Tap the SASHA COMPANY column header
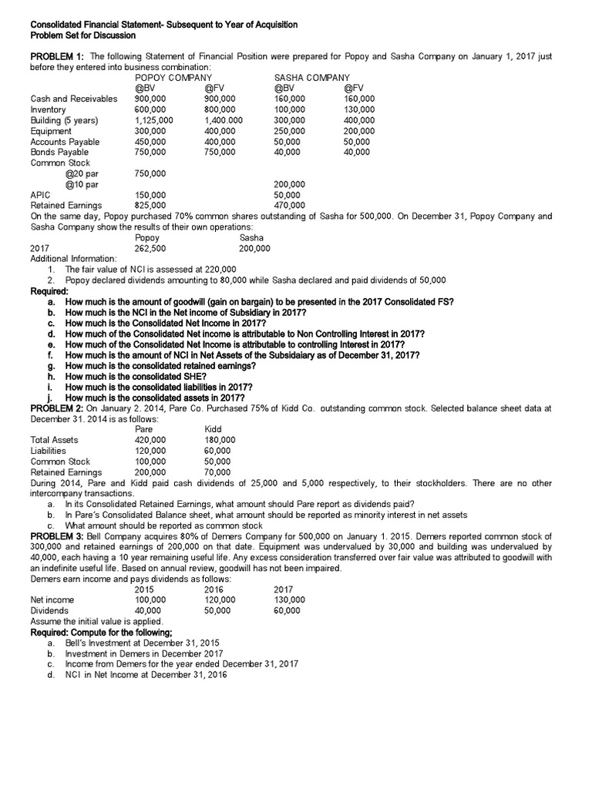click(x=312, y=78)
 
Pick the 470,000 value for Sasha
click(x=290, y=206)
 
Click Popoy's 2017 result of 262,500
click(x=150, y=249)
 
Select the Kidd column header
click(x=213, y=429)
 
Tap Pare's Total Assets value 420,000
click(x=150, y=440)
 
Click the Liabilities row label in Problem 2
click(x=48, y=451)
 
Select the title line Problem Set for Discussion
click(x=82, y=36)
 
